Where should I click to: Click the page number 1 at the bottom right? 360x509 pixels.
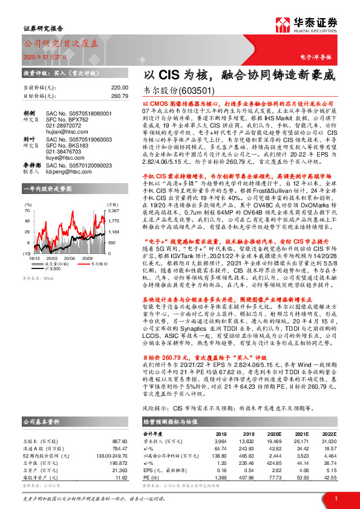click(x=335, y=498)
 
